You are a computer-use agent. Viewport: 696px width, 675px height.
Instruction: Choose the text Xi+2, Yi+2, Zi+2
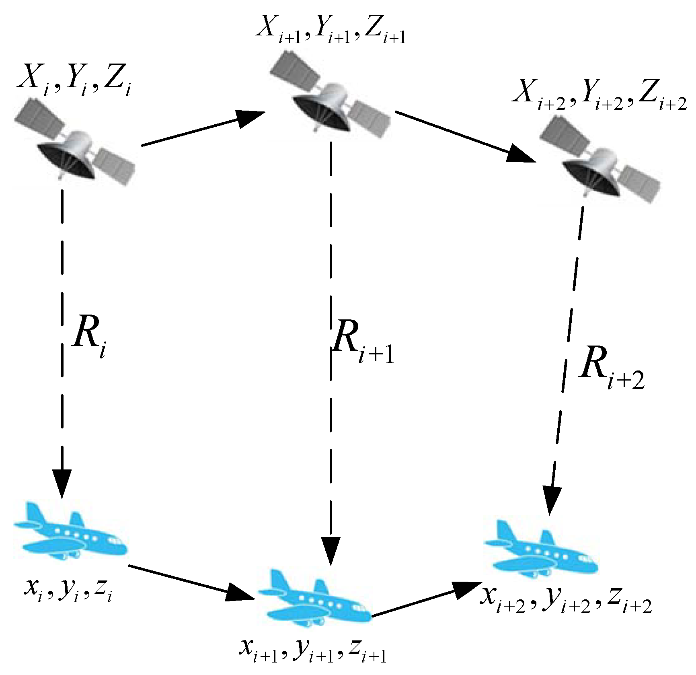click(599, 99)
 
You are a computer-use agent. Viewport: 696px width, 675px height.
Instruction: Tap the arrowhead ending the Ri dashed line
click(62, 483)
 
